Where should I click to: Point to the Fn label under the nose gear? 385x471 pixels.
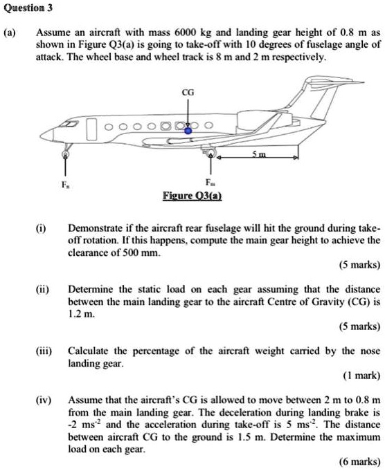[66, 186]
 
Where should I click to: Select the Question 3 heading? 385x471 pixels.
[29, 8]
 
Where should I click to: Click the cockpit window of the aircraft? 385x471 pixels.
[69, 124]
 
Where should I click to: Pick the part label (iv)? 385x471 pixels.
[33, 400]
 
